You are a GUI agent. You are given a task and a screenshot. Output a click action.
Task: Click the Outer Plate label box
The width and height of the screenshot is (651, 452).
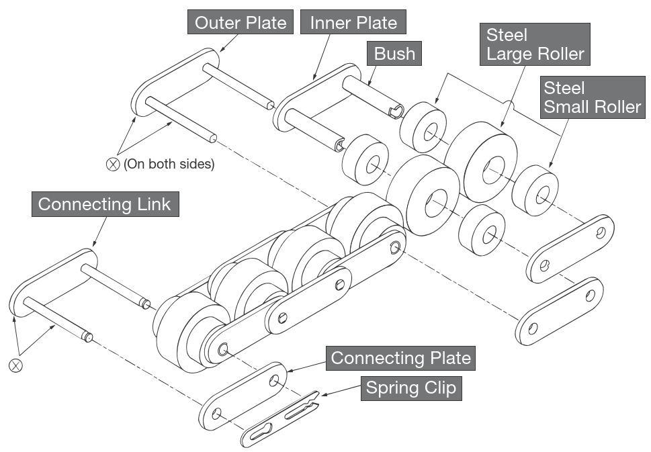click(x=241, y=23)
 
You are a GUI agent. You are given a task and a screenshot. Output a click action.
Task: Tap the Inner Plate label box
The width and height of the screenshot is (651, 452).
click(x=353, y=23)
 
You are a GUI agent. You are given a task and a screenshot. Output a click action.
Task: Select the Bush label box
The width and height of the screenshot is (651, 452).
click(x=394, y=54)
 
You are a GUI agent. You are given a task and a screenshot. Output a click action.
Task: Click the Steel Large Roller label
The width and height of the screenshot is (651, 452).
click(x=535, y=44)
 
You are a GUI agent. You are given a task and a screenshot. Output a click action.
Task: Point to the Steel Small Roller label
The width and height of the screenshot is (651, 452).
click(x=592, y=97)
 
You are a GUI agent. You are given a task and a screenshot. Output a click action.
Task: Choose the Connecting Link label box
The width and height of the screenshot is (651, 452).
click(x=105, y=204)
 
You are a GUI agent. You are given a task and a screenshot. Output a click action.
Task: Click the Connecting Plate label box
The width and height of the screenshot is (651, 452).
click(x=400, y=358)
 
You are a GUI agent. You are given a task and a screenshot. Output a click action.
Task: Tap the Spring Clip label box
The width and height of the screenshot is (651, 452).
click(x=410, y=388)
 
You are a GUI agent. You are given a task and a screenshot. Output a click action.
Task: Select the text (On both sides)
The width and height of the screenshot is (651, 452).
click(x=169, y=164)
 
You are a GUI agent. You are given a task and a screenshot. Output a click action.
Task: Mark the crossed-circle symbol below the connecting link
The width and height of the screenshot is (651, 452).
click(x=15, y=365)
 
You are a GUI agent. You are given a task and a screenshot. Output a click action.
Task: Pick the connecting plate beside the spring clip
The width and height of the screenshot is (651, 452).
click(x=243, y=396)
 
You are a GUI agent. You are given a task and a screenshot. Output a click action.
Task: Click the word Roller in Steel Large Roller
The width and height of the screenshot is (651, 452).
click(x=558, y=54)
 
